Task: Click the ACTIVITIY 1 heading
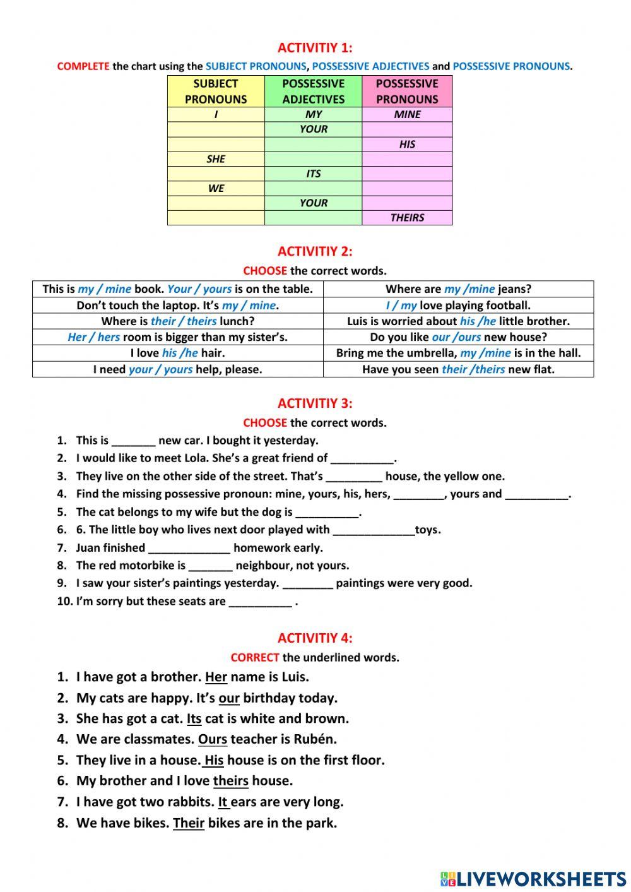tap(315, 47)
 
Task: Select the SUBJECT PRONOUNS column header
tap(216, 91)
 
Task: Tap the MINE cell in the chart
tap(407, 114)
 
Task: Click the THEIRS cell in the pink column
tap(407, 218)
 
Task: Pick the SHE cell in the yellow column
tap(216, 159)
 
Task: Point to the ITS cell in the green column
tap(314, 174)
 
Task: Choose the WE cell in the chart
tap(216, 188)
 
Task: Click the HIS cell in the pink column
tap(407, 144)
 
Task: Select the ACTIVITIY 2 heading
tap(315, 251)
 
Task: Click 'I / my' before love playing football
tap(401, 306)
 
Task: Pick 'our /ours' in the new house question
tap(456, 337)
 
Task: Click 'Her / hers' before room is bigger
tap(93, 337)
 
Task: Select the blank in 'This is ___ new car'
tap(133, 441)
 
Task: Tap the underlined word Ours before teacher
tap(213, 739)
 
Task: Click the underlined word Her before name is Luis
tap(216, 677)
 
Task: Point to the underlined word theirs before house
tap(230, 781)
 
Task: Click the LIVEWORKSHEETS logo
tap(533, 878)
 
